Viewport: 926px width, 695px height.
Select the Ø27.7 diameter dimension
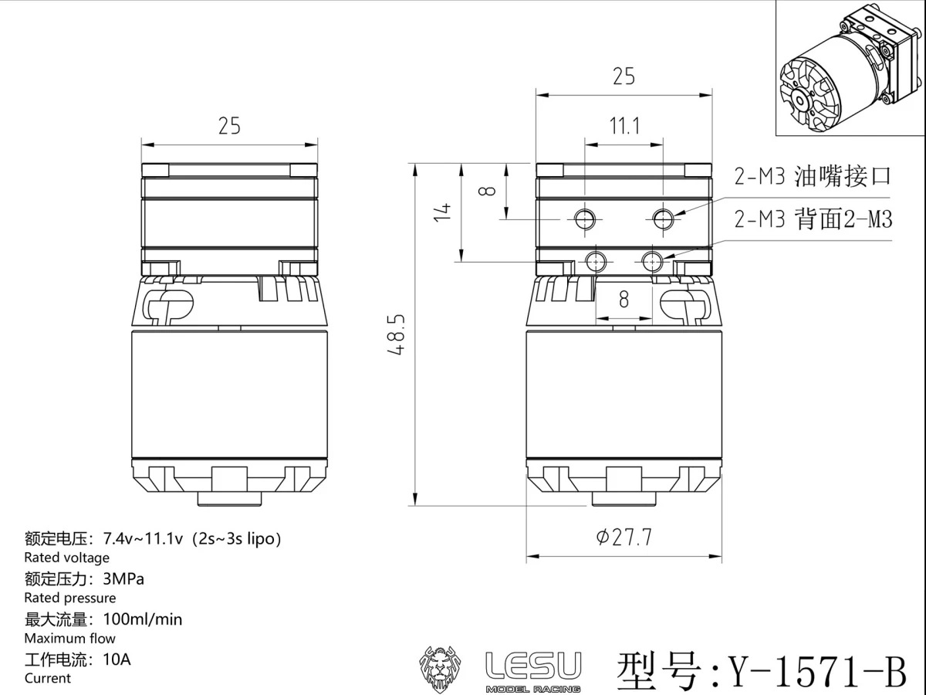(624, 537)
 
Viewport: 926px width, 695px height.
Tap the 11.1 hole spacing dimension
(624, 126)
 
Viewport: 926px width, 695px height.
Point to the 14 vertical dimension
(442, 212)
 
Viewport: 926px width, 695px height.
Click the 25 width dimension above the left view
(229, 126)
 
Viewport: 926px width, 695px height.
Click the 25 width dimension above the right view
(624, 76)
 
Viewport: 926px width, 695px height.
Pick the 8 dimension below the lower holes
(624, 300)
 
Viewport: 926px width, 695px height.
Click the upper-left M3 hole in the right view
(584, 220)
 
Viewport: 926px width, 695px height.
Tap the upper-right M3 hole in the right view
(662, 220)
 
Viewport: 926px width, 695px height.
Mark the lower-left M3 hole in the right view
(596, 262)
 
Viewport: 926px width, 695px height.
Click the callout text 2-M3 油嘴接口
(813, 176)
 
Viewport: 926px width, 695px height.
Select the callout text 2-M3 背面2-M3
(813, 220)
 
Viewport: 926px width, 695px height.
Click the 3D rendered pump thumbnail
(849, 69)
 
